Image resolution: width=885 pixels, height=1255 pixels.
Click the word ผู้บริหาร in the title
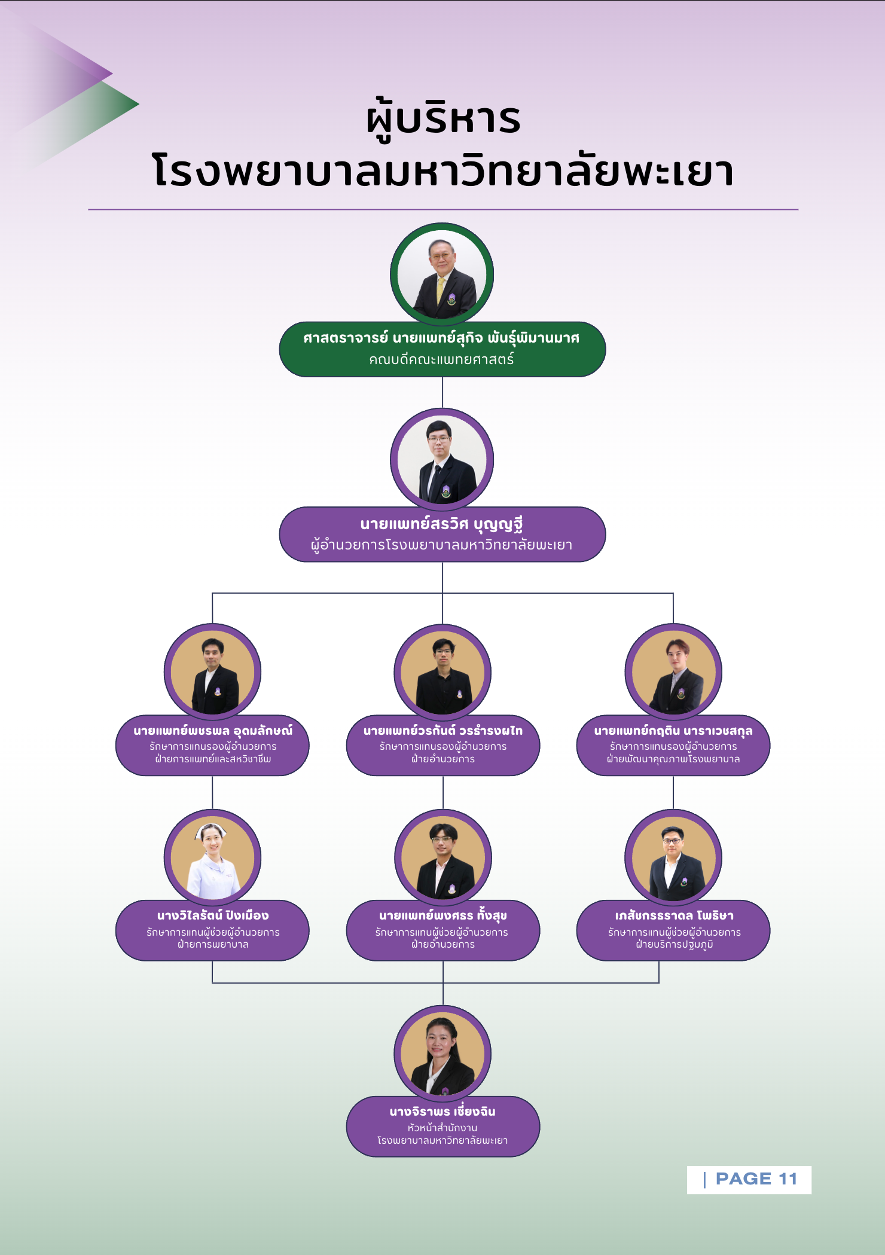pos(443,119)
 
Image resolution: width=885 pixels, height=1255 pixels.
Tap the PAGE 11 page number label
pos(756,1178)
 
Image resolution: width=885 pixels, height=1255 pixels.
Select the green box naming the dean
pos(442,349)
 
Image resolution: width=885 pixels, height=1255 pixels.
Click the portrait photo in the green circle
pos(442,274)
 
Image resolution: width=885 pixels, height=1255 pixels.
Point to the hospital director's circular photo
pos(442,459)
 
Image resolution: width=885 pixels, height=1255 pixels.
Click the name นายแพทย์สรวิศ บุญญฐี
pos(442,524)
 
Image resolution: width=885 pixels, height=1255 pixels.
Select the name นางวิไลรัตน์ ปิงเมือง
pos(212,915)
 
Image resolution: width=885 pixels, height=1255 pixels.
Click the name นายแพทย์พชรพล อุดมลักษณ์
pos(212,731)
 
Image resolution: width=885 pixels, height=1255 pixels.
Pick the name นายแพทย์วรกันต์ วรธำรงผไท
pos(443,731)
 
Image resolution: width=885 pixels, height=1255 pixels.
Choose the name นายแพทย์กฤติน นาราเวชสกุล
pos(673,731)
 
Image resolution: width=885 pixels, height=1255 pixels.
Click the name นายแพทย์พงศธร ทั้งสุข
pos(443,915)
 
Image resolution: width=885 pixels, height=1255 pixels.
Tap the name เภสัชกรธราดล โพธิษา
pos(674,915)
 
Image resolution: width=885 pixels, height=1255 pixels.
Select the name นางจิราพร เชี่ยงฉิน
pos(443,1112)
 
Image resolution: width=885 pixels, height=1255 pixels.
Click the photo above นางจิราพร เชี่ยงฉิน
pos(443,1054)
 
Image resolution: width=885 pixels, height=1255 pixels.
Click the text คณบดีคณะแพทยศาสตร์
pos(441,360)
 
